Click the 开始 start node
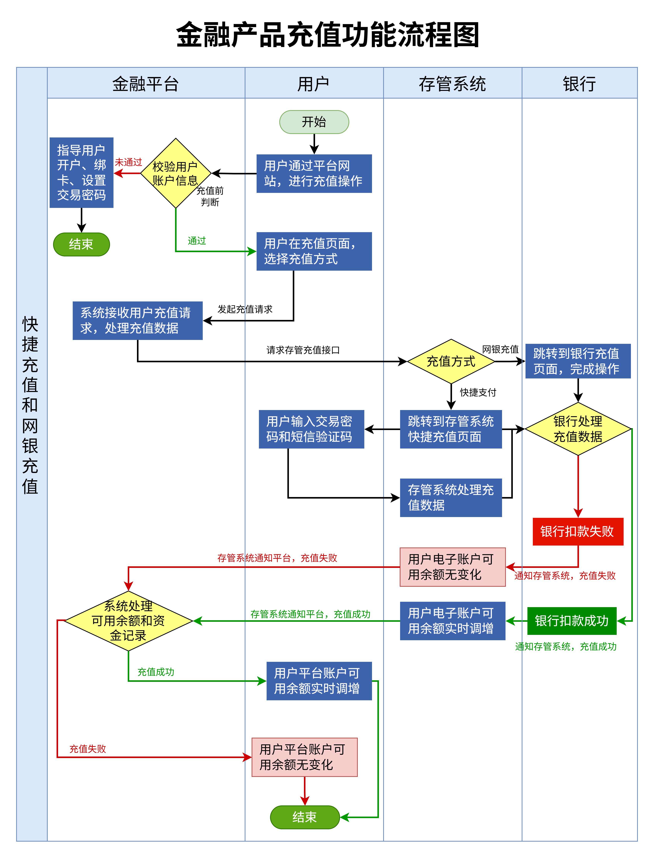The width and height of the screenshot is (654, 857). (x=314, y=122)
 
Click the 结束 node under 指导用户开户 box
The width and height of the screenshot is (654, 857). (x=81, y=244)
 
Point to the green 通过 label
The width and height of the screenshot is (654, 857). (x=197, y=241)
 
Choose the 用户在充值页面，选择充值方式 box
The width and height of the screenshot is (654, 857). (x=314, y=251)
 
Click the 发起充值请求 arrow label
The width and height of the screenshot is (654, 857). (x=245, y=309)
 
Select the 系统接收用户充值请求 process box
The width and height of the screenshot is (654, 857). (x=137, y=321)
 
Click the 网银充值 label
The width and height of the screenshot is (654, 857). (x=500, y=349)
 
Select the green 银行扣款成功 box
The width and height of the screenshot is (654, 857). (x=571, y=621)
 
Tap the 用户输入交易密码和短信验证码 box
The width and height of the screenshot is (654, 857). (x=311, y=429)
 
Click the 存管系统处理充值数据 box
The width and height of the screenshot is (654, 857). (x=451, y=497)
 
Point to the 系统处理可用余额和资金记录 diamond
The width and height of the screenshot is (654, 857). (x=128, y=621)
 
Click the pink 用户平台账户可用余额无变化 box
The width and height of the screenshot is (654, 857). (x=304, y=757)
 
